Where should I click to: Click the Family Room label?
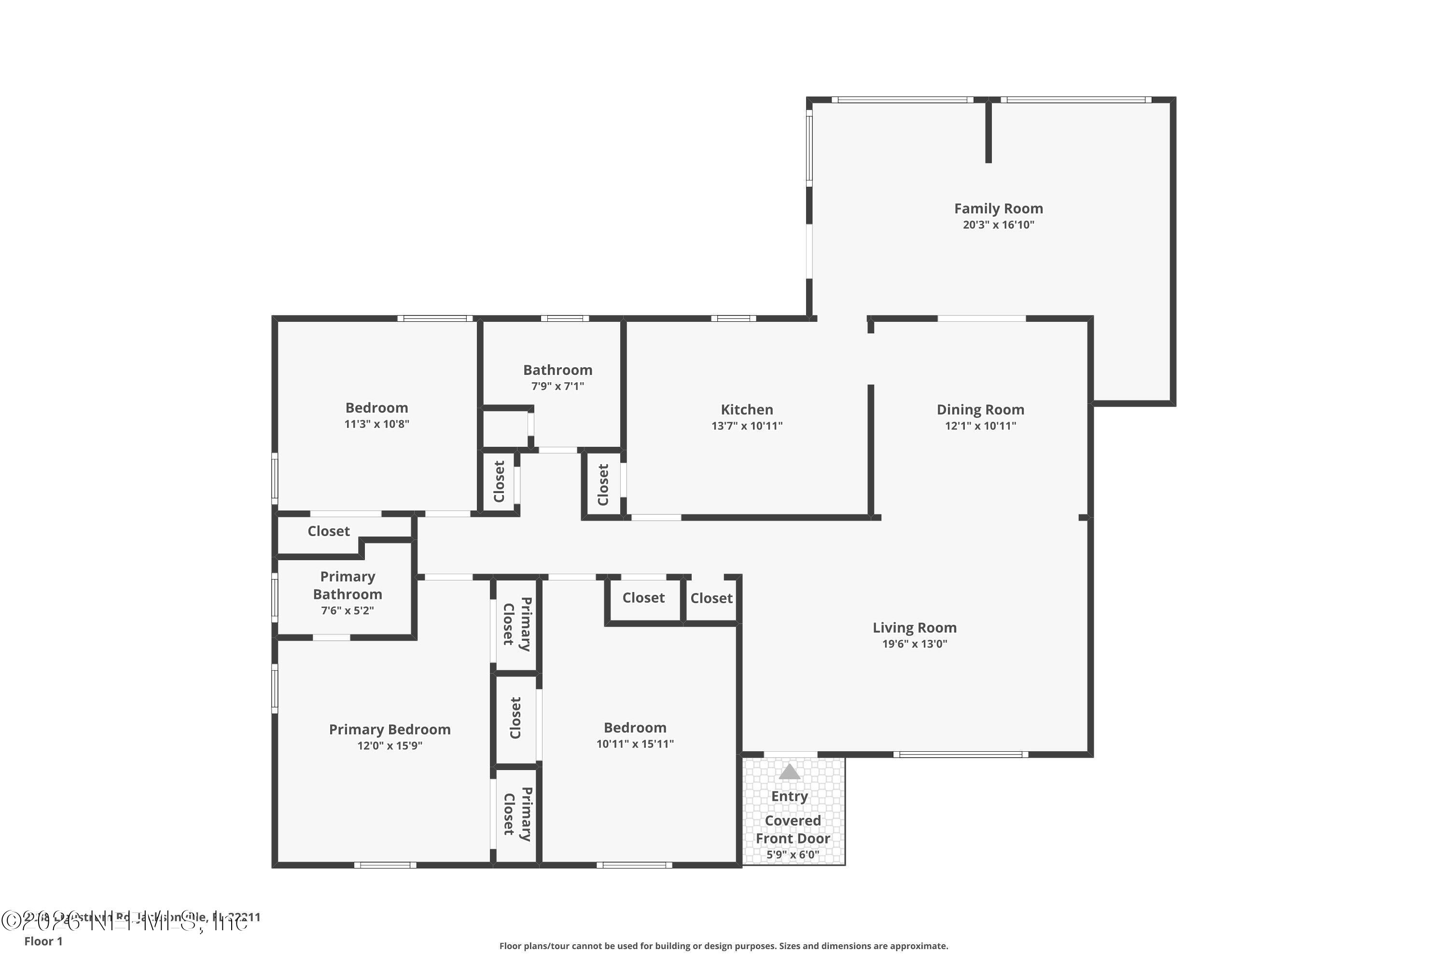pos(998,208)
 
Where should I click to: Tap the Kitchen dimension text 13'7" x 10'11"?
pos(747,426)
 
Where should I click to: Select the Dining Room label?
pos(980,410)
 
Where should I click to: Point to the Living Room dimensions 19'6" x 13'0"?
pos(914,644)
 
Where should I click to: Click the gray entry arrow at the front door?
pos(789,772)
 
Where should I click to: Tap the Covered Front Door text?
pos(793,829)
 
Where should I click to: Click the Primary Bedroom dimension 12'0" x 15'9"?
pos(389,746)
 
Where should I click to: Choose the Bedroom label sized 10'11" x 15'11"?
pos(635,728)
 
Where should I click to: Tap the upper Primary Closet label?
pos(517,624)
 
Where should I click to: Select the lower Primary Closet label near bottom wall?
pos(517,813)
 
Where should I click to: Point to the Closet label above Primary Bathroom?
pos(328,531)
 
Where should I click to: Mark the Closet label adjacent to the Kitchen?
pos(603,484)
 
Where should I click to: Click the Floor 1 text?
pos(43,941)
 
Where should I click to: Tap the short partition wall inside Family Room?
pos(988,132)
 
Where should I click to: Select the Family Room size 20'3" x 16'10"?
pos(998,225)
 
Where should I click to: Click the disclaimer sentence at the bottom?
pos(724,946)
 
